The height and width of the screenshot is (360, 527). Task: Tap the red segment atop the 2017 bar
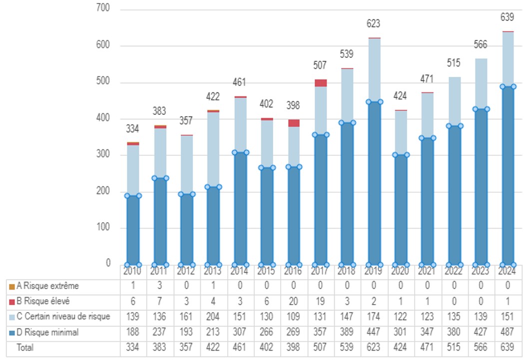point(321,83)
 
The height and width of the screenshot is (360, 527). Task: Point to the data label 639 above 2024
point(508,17)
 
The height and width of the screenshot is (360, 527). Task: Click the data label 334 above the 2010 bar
point(132,129)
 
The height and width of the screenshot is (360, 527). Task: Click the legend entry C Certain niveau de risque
point(62,317)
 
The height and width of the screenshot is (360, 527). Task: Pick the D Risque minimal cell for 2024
point(508,332)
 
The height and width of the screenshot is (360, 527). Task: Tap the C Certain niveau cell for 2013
point(213,317)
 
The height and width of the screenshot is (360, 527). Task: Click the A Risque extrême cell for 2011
point(159,287)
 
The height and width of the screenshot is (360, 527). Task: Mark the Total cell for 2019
point(374,348)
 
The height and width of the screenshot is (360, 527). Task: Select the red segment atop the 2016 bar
point(294,123)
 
